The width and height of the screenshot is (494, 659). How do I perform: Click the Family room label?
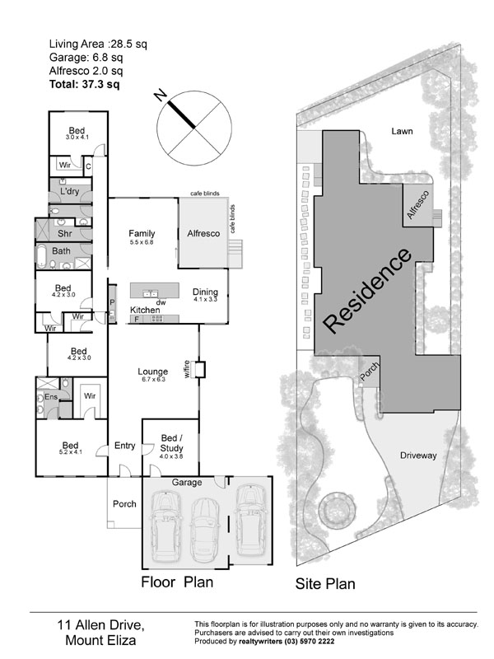[x=142, y=234]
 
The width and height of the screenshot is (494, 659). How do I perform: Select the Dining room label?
[x=205, y=292]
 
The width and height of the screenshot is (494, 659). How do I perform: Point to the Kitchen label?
[x=146, y=310]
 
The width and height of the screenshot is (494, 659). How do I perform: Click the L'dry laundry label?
[x=69, y=192]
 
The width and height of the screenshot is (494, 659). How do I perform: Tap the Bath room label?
[x=62, y=251]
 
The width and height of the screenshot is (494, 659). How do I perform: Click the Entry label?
[x=124, y=446]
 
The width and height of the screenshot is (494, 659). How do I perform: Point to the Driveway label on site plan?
[x=417, y=455]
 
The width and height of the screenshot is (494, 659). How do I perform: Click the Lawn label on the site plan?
[x=402, y=131]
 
